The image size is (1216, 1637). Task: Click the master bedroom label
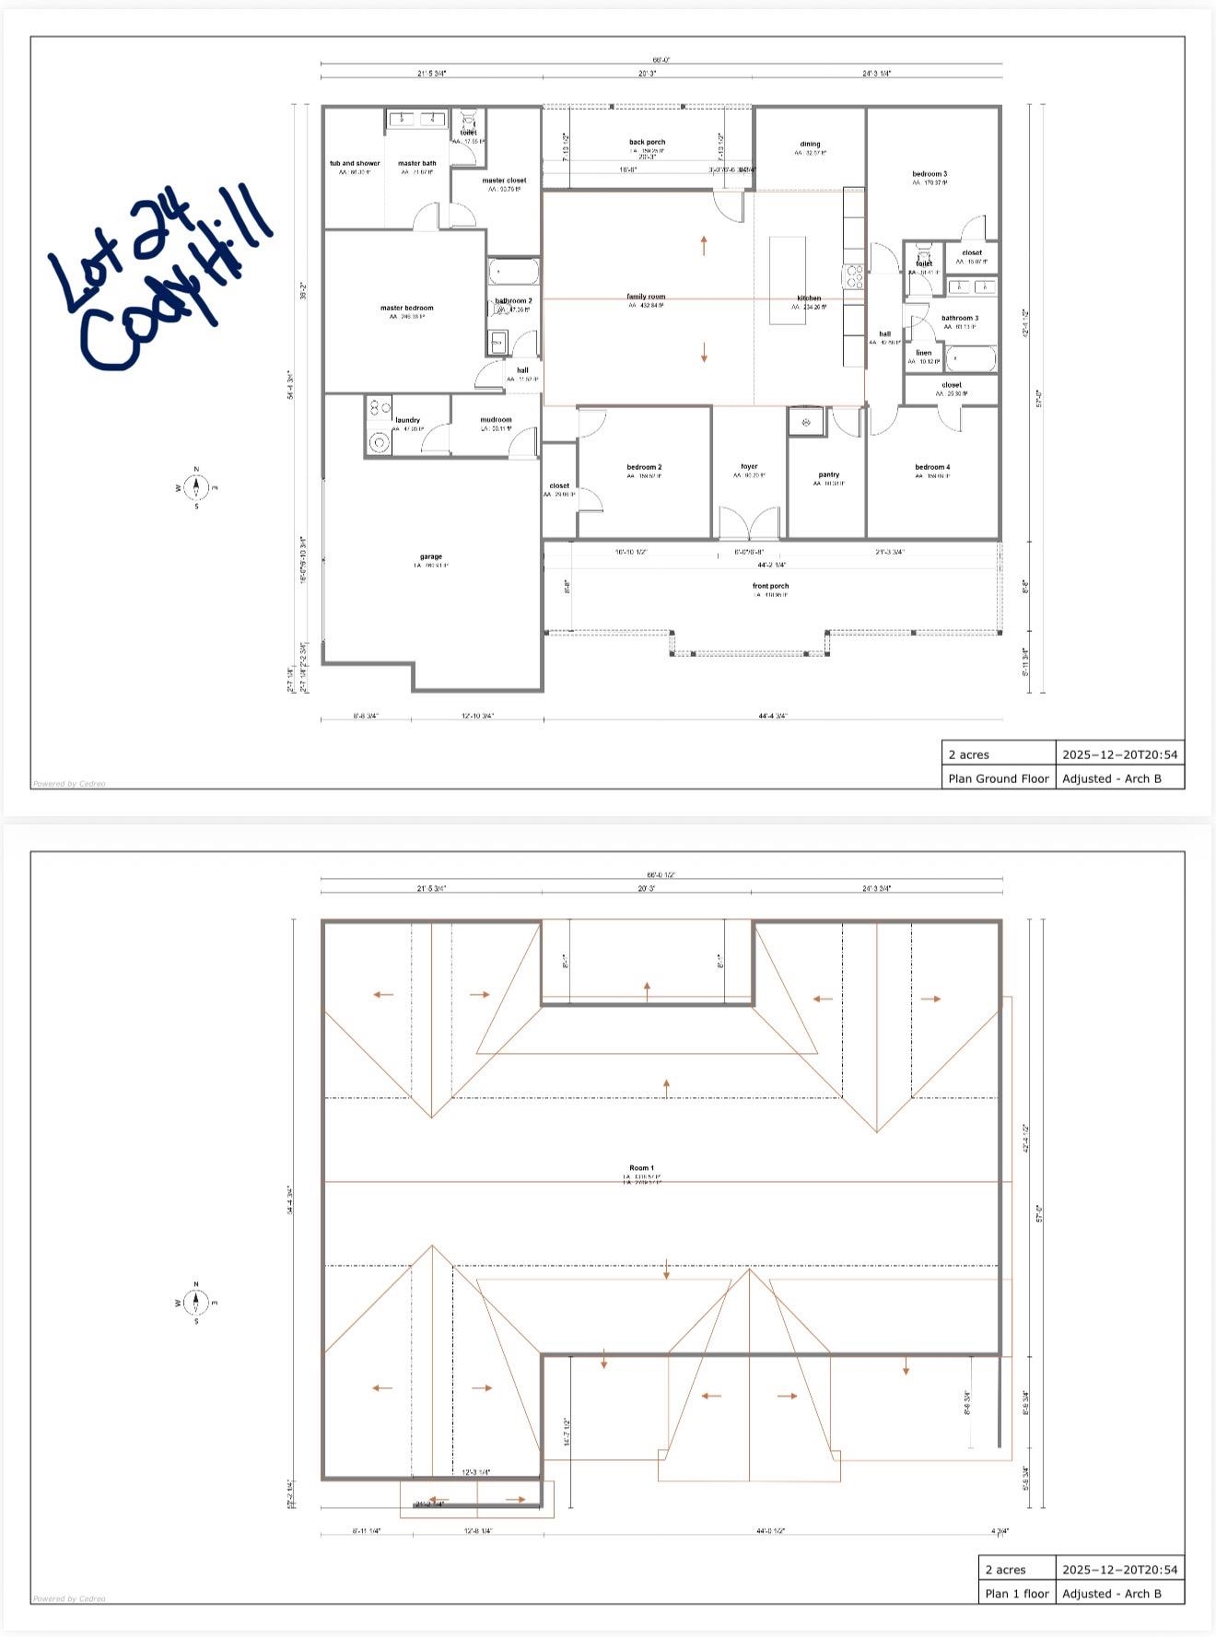coord(406,309)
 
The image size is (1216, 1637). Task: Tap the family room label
coord(646,297)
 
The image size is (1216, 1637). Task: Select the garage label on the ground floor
coord(431,556)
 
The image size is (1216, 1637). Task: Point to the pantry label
coord(828,475)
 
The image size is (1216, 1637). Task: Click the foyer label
coord(749,467)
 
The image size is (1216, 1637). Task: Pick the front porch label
coord(770,586)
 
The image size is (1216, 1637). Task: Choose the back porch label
coord(647,143)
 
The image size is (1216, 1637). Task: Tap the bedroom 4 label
coord(932,467)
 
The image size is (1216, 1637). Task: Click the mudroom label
coord(496,420)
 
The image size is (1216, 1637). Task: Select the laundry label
coord(407,420)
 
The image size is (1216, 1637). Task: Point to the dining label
coord(810,145)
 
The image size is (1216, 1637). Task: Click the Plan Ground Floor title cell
coord(999,778)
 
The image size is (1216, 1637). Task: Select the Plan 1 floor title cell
coord(1017,1594)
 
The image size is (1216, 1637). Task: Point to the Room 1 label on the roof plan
coord(641,1168)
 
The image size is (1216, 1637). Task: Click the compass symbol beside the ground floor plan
coord(195,487)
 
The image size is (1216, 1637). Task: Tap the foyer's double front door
coord(749,523)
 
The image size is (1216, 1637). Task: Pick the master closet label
coord(504,181)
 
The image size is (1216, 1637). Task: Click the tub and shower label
coord(355,164)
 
